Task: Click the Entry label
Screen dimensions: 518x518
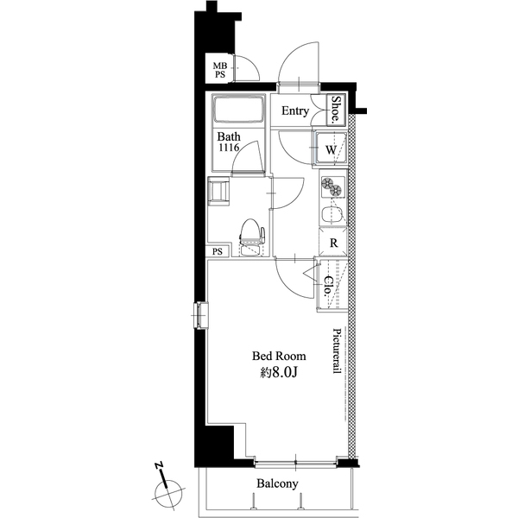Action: coord(295,111)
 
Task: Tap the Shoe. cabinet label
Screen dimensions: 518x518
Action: coord(336,110)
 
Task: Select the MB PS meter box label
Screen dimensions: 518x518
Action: coord(219,71)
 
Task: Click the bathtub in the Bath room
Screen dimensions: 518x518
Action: coord(239,110)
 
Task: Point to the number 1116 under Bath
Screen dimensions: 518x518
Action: coord(229,148)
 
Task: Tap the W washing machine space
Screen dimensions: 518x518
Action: coord(331,148)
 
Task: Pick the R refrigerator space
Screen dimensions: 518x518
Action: coord(333,243)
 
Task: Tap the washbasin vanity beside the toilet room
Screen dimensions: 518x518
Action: coord(218,191)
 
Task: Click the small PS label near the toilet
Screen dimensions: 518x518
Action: coord(218,252)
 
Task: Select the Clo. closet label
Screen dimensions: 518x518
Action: coord(328,286)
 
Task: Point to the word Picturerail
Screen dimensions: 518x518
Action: coord(337,351)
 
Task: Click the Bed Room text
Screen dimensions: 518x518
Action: coord(279,356)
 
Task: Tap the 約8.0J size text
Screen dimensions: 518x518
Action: coord(279,372)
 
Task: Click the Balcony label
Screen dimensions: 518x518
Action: coord(277,483)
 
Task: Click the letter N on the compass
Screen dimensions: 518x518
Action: coord(159,466)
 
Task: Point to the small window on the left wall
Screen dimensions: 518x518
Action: coord(201,315)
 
